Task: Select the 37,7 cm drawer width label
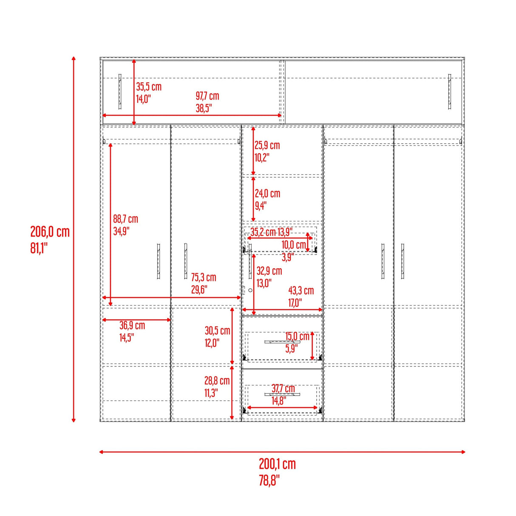tap(283, 388)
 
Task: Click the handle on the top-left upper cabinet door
tap(120, 91)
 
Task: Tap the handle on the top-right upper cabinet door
tap(449, 91)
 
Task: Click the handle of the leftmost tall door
tap(159, 261)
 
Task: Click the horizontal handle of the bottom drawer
tap(282, 394)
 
